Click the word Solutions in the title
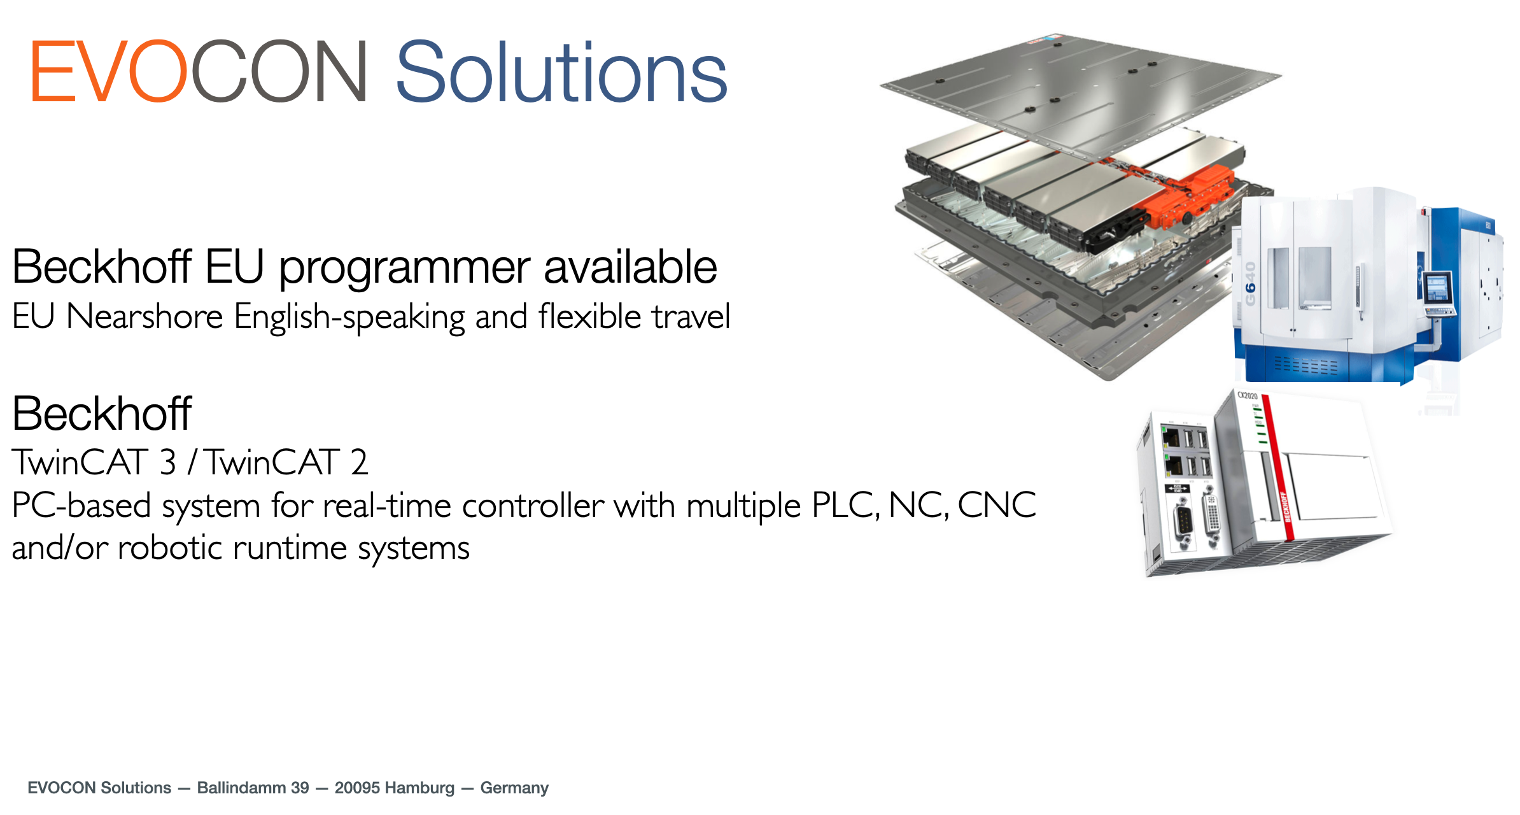point(561,72)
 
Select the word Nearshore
point(144,316)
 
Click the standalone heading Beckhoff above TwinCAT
point(102,414)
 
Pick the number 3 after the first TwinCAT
point(167,462)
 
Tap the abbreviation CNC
point(997,506)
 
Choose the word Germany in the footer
point(514,788)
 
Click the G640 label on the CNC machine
point(1250,284)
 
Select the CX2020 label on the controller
point(1247,396)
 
